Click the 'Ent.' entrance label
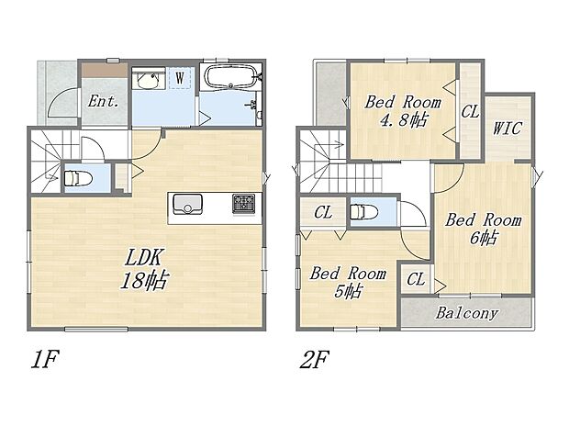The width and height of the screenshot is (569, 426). (104, 102)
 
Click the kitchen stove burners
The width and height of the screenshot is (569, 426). (245, 203)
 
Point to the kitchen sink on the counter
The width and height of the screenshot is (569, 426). (188, 203)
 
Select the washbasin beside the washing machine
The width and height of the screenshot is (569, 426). (148, 80)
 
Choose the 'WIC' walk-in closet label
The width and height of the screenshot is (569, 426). (507, 128)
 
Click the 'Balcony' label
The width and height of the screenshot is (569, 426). (466, 313)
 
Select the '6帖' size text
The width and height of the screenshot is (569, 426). (484, 239)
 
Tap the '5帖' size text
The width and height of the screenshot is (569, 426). (346, 292)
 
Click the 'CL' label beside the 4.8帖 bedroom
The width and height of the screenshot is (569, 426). (470, 112)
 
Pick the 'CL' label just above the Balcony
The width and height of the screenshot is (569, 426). (415, 279)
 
